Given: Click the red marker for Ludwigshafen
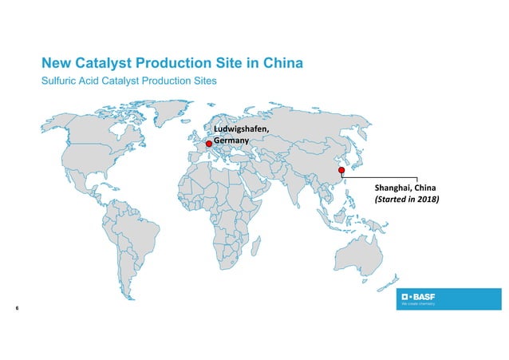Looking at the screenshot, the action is [x=209, y=145].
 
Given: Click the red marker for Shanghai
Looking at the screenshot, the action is [x=341, y=170].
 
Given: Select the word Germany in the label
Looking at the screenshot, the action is [x=231, y=140].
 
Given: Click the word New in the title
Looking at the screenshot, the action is [x=56, y=63].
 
